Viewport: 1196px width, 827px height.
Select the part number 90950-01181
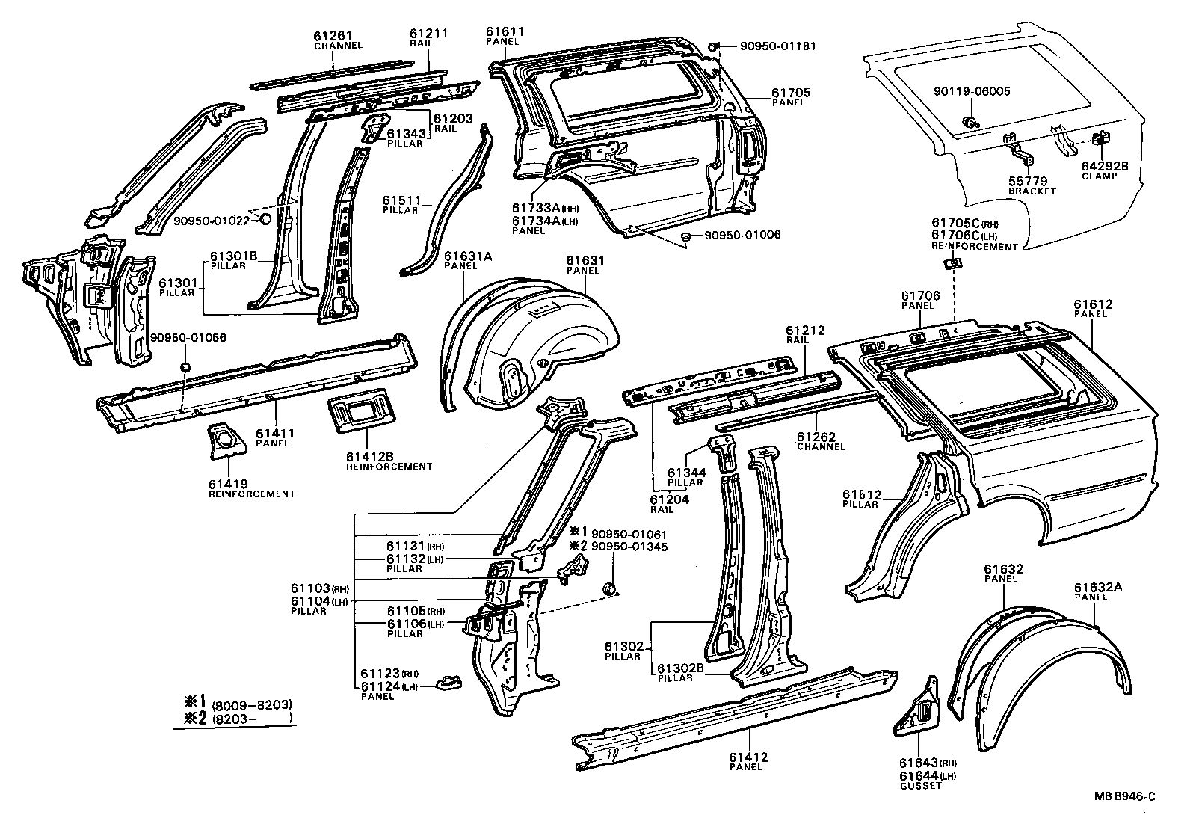click(x=777, y=46)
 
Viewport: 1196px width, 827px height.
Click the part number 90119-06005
click(x=971, y=91)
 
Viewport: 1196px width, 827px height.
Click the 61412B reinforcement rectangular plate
click(x=358, y=411)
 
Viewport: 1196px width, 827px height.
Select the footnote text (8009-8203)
click(x=251, y=704)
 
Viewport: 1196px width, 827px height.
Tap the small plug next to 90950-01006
click(x=684, y=237)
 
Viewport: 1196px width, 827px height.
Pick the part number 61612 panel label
click(x=1093, y=304)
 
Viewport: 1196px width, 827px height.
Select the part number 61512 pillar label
click(x=862, y=494)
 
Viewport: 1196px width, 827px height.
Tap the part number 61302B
click(x=680, y=668)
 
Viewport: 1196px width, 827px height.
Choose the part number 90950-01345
click(x=629, y=547)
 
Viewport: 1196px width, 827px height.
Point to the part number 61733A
click(x=536, y=209)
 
